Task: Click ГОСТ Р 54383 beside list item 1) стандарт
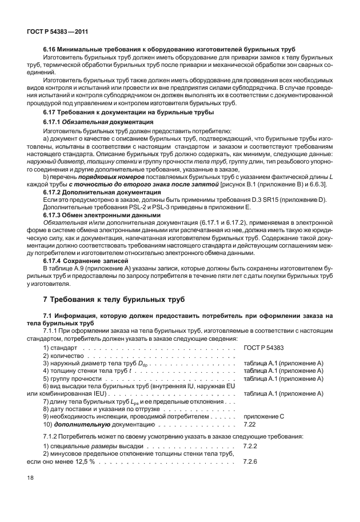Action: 263,348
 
